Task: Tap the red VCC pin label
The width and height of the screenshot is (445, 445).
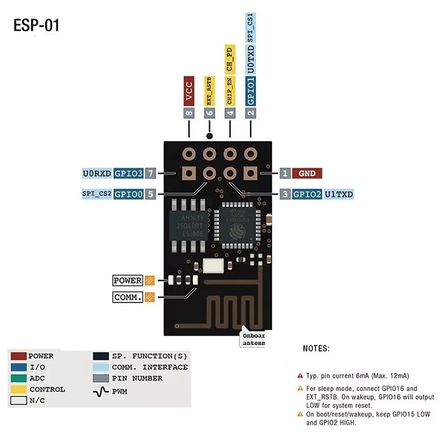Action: coord(190,89)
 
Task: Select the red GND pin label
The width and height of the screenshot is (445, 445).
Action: coord(306,174)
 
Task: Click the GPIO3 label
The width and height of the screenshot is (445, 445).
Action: coord(129,174)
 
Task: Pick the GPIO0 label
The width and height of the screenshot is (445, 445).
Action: coord(129,194)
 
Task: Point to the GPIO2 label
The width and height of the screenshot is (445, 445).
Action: coord(307,194)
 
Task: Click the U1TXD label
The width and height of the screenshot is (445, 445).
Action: coord(339,194)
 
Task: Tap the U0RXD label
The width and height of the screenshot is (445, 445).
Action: coord(97,174)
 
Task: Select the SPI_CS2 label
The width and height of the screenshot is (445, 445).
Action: coord(97,194)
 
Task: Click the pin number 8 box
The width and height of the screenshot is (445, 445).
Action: coord(190,113)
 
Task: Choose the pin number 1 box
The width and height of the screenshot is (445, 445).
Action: coord(285,174)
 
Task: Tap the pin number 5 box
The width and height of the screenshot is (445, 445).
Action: coord(151,194)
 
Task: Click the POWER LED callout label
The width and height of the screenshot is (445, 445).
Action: coord(128,281)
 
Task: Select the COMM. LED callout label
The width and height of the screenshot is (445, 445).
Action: coord(128,297)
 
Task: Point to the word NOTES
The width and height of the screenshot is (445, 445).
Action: coord(317,349)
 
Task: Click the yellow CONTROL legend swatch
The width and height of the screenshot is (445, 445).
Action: coord(19,389)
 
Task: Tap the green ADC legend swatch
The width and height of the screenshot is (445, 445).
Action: coord(19,378)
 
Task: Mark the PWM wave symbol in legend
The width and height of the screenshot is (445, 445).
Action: coord(101,389)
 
